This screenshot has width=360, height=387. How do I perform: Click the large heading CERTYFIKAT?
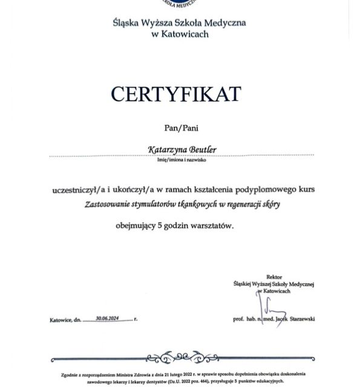(175, 94)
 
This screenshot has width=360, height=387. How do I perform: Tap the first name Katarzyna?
(166, 148)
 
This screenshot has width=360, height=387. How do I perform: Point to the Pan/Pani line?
(182, 128)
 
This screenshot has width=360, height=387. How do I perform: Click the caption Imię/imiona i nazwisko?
(182, 161)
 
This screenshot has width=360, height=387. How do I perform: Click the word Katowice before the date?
(61, 319)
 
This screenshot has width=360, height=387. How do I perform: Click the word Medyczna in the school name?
(223, 24)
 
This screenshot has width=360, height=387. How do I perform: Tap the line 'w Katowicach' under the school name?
(180, 34)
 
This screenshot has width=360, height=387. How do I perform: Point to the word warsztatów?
(211, 226)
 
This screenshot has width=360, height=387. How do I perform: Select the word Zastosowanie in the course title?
(105, 204)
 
